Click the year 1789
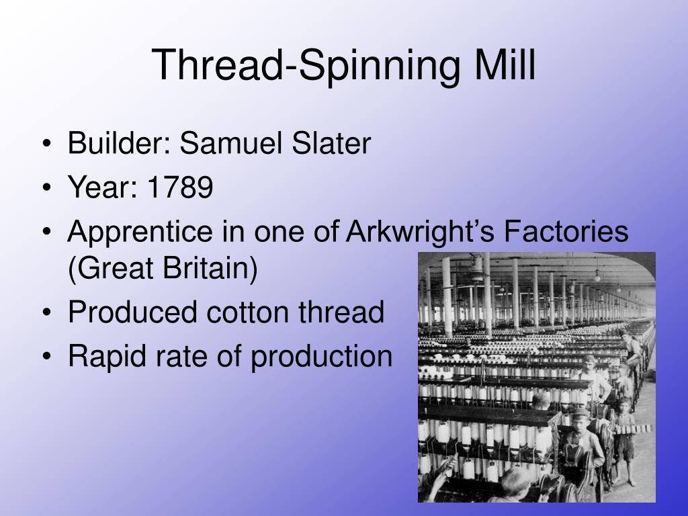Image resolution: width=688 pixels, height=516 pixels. coord(181,188)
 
